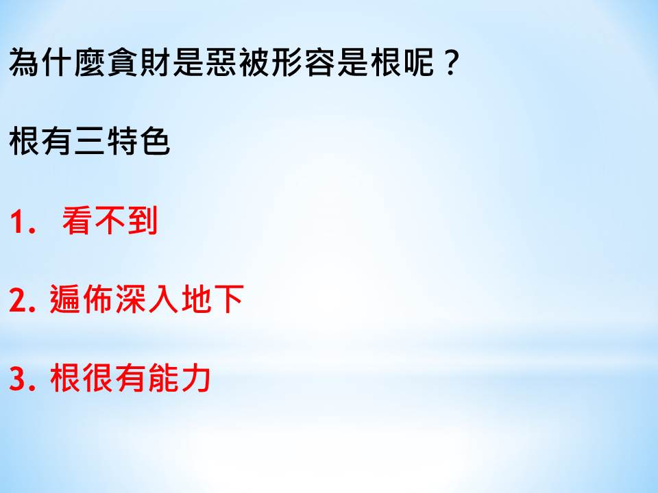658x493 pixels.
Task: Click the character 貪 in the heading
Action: tap(123, 62)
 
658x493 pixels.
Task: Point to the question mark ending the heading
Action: tap(451, 63)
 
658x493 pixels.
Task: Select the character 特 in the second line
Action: tap(123, 141)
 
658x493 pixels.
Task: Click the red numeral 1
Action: tap(17, 221)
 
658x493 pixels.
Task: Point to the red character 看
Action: tap(77, 220)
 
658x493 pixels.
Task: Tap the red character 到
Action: tap(143, 220)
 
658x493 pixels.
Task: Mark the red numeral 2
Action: tap(18, 299)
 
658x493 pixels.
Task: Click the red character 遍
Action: tap(65, 299)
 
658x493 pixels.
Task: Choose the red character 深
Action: tap(130, 299)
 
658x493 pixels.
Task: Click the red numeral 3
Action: tap(18, 378)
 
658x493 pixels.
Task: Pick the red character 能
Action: tap(163, 377)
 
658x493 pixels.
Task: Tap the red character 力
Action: tap(196, 377)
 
